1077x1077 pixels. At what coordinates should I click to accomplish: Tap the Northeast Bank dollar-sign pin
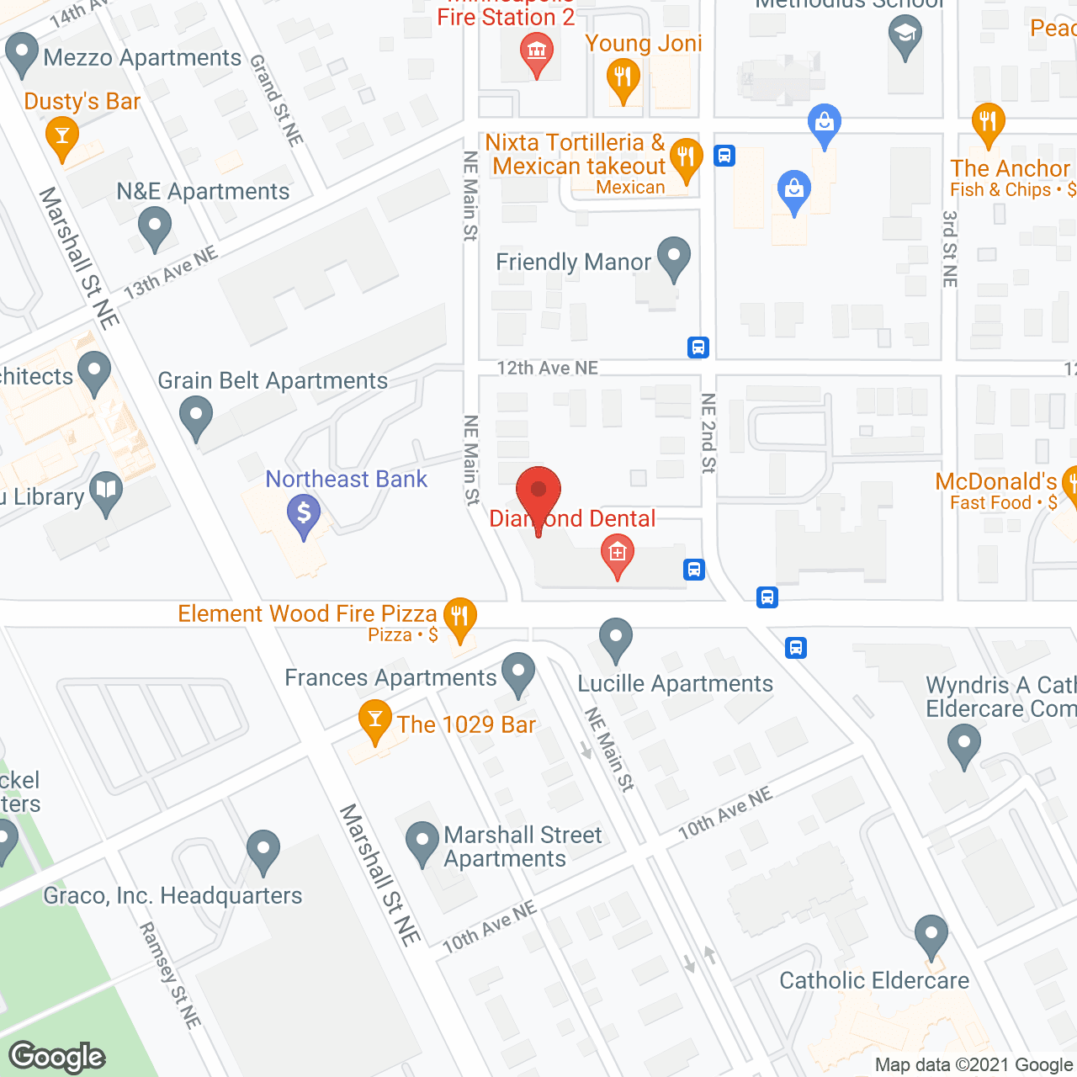pos(304,514)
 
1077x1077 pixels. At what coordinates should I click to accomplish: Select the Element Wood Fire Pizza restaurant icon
pos(459,618)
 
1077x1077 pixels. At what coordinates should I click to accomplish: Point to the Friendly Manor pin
pos(673,258)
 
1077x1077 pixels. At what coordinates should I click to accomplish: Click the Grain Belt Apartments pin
pos(196,416)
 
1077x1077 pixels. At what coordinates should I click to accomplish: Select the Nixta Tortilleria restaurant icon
pos(687,157)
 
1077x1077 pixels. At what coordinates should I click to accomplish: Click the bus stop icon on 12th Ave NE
pos(698,347)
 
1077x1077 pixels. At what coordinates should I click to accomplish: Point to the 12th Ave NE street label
pos(547,368)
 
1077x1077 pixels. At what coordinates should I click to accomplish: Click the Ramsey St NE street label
pos(170,975)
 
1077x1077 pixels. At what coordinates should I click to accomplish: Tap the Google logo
pos(57,1057)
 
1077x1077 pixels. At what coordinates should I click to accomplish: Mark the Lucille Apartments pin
pos(616,639)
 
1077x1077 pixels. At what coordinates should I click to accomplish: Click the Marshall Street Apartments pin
pos(422,842)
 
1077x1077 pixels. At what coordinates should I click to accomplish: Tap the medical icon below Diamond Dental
pos(618,555)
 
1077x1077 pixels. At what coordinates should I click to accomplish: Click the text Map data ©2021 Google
pos(974,1064)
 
